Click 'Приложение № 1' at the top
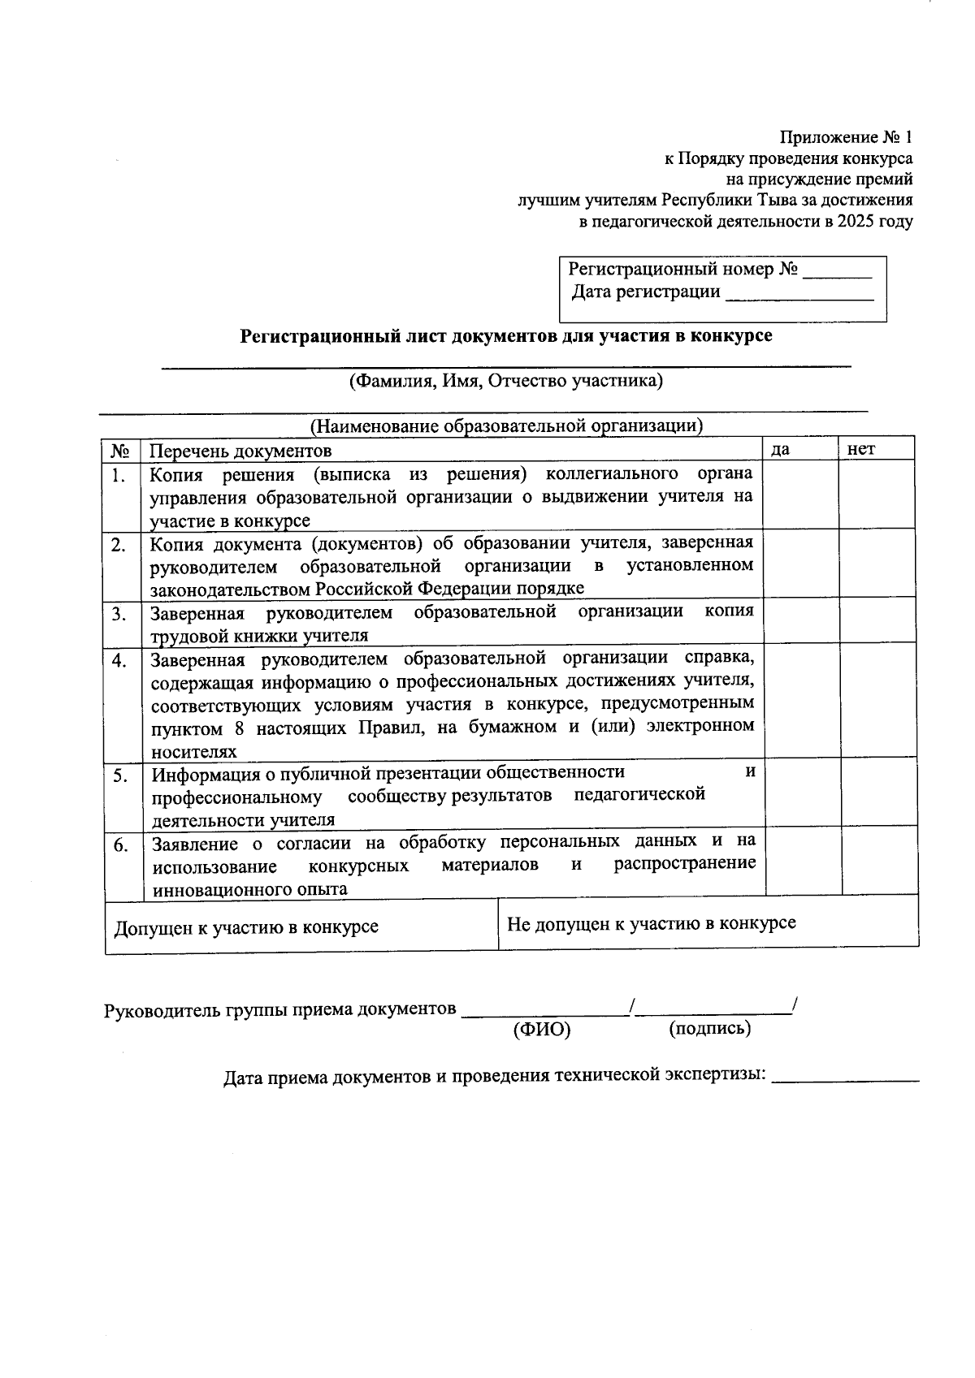[846, 137]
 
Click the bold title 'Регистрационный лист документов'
[505, 335]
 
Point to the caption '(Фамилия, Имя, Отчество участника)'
[505, 381]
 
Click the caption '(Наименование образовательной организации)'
[505, 425]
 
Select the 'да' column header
[780, 449]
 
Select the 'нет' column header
[860, 449]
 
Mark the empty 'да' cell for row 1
[801, 495]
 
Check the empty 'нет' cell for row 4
[877, 702]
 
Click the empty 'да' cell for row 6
[801, 862]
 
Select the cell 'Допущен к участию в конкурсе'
[246, 927]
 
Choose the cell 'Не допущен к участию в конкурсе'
[651, 923]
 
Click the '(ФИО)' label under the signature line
[542, 1030]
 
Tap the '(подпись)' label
[709, 1029]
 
